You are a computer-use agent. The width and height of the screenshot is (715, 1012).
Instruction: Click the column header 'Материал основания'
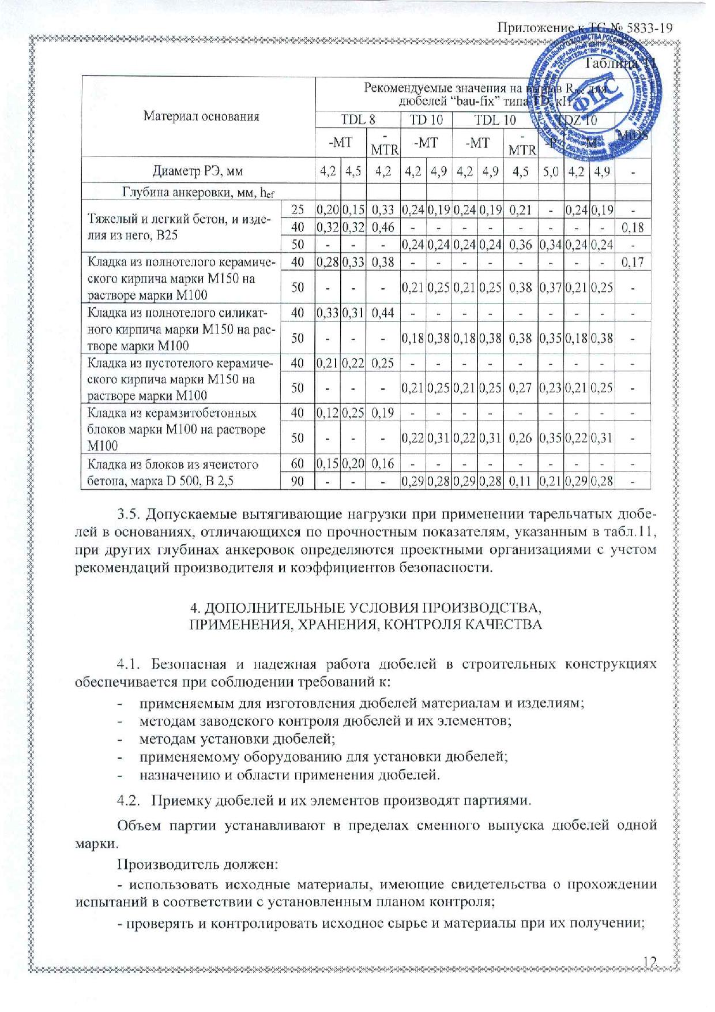[x=201, y=117]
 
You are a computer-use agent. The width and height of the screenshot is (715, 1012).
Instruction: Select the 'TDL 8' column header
[x=358, y=120]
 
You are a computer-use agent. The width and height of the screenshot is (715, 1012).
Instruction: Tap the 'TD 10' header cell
[x=426, y=120]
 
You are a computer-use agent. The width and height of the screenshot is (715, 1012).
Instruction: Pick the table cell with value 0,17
[x=633, y=263]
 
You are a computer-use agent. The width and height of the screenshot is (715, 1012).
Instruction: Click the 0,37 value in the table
[x=551, y=287]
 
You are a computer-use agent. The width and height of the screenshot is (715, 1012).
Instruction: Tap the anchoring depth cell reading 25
[x=298, y=210]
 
